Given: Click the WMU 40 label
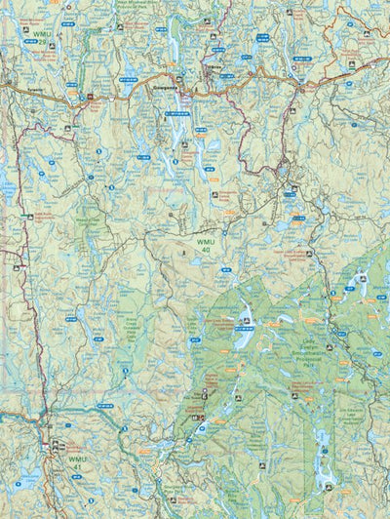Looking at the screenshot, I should click(x=203, y=245).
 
